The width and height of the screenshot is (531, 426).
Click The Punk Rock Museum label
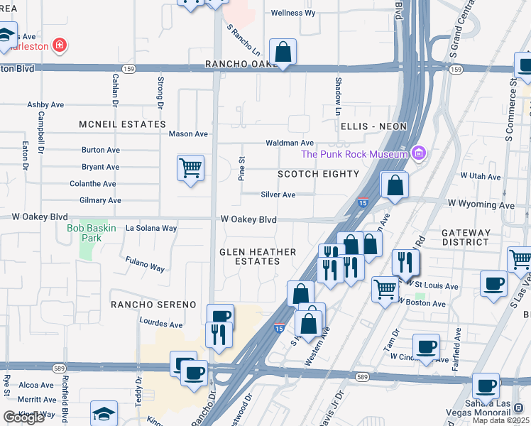pyautogui.click(x=354, y=154)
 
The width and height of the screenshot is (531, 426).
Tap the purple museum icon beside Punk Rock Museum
pyautogui.click(x=420, y=153)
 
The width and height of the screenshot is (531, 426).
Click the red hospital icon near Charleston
pyautogui.click(x=60, y=46)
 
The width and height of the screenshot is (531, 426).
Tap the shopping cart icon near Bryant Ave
pyautogui.click(x=190, y=169)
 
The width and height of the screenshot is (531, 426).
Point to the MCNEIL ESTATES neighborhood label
pyautogui.click(x=123, y=124)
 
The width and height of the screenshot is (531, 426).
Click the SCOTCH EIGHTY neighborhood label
pyautogui.click(x=318, y=174)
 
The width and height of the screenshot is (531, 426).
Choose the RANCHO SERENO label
pyautogui.click(x=153, y=305)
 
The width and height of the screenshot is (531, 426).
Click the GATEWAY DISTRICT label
pyautogui.click(x=466, y=237)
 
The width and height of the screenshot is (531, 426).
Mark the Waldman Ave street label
pyautogui.click(x=290, y=143)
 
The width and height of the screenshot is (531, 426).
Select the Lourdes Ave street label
pyautogui.click(x=161, y=324)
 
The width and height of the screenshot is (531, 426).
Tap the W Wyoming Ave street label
pyautogui.click(x=481, y=205)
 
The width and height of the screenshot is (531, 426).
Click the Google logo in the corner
pyautogui.click(x=23, y=417)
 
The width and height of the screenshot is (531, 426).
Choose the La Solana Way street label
pyautogui.click(x=150, y=229)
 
